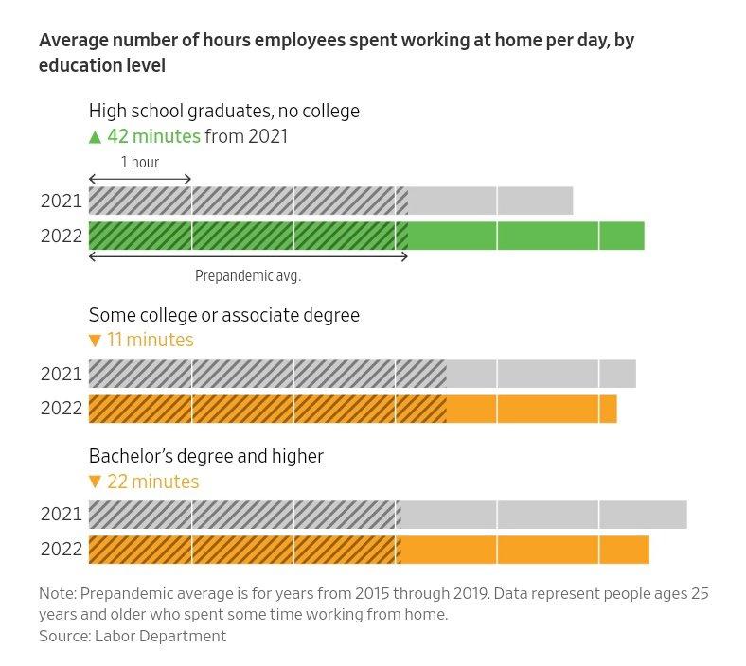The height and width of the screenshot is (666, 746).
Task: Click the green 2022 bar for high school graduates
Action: (x=366, y=236)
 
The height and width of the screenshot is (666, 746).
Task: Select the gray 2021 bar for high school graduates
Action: (x=330, y=202)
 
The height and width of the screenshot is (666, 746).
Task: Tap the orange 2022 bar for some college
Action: (x=352, y=409)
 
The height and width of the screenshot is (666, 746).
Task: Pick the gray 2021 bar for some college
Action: (x=362, y=374)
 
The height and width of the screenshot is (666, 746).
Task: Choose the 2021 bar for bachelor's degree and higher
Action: (x=387, y=515)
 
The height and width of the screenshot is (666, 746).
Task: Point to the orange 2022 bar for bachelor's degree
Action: (x=368, y=550)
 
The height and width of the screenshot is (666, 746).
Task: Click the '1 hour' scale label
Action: (x=140, y=163)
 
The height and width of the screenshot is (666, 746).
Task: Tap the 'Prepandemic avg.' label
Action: (x=247, y=276)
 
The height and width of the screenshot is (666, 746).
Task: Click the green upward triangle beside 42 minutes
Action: (x=95, y=137)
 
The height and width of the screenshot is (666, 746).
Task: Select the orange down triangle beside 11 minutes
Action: (x=95, y=341)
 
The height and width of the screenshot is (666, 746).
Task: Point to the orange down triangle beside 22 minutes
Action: (x=95, y=482)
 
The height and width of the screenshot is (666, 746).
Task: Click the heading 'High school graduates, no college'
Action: (x=224, y=111)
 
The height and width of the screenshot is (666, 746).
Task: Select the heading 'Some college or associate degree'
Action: (x=224, y=315)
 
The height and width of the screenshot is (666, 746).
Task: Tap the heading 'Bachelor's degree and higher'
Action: (x=206, y=456)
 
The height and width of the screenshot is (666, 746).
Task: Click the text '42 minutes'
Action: (x=153, y=136)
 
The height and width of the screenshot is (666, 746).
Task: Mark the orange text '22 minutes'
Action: (x=153, y=482)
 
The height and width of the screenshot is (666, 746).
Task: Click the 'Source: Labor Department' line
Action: (x=133, y=636)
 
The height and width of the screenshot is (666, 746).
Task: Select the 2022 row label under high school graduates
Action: (x=62, y=237)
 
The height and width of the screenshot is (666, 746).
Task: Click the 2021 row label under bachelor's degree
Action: (x=62, y=515)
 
